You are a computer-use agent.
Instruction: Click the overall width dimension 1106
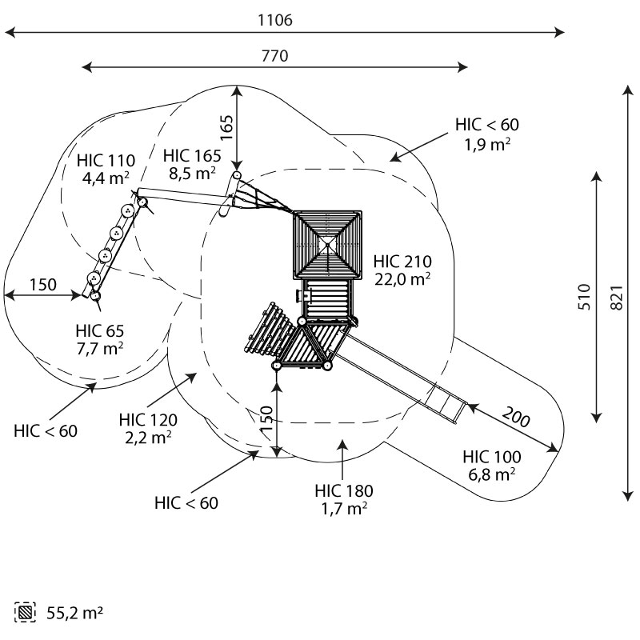pyautogui.click(x=275, y=21)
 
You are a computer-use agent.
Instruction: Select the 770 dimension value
pyautogui.click(x=274, y=56)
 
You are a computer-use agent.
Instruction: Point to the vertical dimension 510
pyautogui.click(x=584, y=297)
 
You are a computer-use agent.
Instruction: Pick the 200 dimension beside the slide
pyautogui.click(x=518, y=417)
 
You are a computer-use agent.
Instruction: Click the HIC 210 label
pyautogui.click(x=402, y=261)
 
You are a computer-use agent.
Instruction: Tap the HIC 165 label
pyautogui.click(x=190, y=155)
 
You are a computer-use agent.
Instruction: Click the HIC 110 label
pyautogui.click(x=106, y=159)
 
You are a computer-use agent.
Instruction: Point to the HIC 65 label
pyautogui.click(x=100, y=330)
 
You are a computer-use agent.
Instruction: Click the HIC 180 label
pyautogui.click(x=344, y=490)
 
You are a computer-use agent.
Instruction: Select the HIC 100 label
pyautogui.click(x=492, y=457)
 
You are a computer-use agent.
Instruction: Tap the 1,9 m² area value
pyautogui.click(x=487, y=143)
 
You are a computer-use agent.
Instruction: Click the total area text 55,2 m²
pyautogui.click(x=73, y=614)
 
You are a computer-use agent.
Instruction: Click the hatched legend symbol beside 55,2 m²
pyautogui.click(x=26, y=614)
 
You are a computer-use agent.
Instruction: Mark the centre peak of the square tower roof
pyautogui.click(x=327, y=242)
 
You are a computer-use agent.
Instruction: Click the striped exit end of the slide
pyautogui.click(x=446, y=404)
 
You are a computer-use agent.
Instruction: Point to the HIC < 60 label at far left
pyautogui.click(x=46, y=430)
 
